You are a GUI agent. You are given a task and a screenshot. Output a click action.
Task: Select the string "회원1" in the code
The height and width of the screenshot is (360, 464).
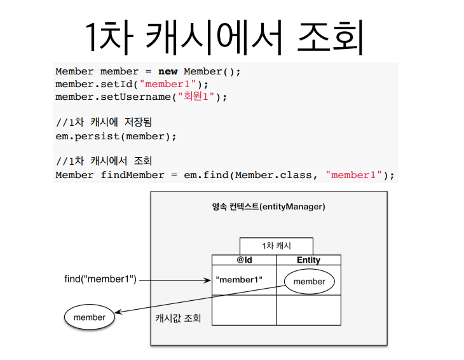click(197, 97)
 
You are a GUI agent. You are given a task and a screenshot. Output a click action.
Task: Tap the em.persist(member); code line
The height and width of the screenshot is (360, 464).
click(116, 136)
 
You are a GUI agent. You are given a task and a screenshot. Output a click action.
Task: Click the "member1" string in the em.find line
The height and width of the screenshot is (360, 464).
click(353, 175)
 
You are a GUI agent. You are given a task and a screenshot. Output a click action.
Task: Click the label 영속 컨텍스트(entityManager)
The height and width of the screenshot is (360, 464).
click(268, 207)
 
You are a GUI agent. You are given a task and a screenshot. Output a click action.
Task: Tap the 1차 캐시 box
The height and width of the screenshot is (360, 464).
click(276, 246)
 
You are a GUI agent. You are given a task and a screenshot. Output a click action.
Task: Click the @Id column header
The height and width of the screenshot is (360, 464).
click(244, 260)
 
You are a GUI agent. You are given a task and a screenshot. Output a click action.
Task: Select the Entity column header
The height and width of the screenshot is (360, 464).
click(308, 260)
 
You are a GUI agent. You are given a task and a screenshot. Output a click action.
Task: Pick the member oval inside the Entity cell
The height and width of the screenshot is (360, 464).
click(309, 281)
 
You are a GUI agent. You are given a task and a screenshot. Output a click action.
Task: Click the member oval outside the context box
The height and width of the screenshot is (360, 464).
click(89, 316)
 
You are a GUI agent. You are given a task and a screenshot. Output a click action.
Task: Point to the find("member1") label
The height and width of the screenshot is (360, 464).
click(100, 279)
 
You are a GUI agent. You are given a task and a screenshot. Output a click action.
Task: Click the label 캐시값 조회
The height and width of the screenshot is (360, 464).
click(178, 316)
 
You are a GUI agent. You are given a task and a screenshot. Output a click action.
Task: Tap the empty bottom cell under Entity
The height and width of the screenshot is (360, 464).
click(308, 310)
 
